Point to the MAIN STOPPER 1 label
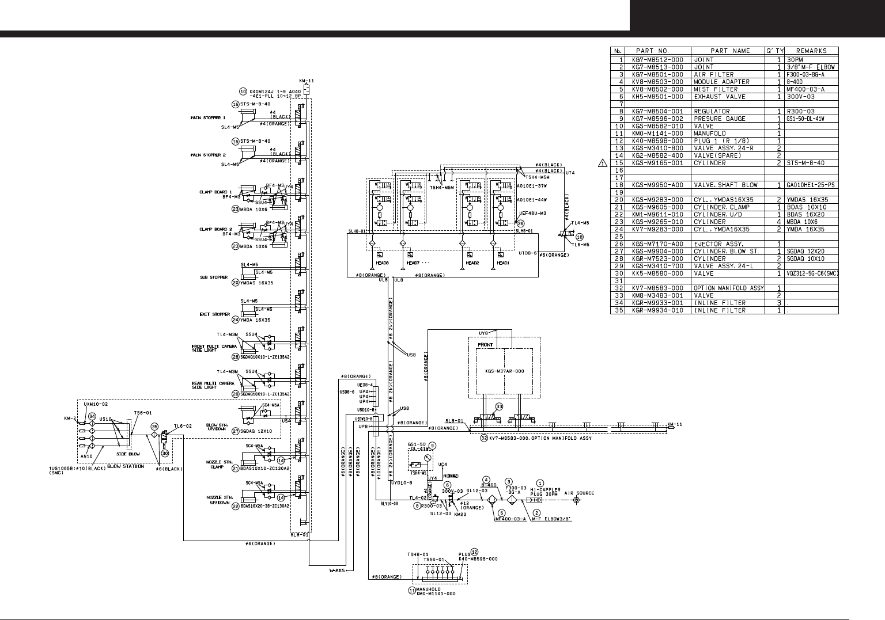point(208,118)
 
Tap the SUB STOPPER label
point(214,277)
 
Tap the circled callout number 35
point(154,427)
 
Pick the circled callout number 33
point(499,406)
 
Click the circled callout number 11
point(412,589)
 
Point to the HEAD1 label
point(503,263)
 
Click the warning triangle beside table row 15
point(603,163)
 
